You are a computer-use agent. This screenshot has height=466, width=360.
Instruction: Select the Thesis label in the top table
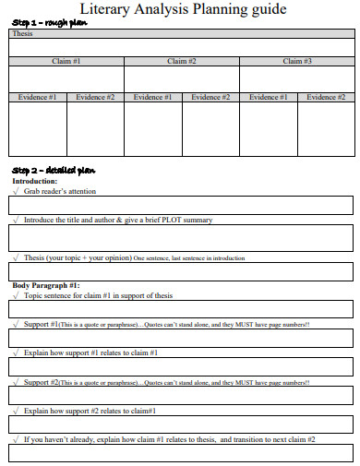pos(22,33)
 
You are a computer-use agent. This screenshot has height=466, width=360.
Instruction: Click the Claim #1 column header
pos(66,61)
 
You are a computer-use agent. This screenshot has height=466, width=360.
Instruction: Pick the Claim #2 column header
pos(182,61)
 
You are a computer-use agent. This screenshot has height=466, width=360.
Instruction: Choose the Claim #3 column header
pos(296,61)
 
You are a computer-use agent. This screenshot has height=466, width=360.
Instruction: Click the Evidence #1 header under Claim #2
pos(152,97)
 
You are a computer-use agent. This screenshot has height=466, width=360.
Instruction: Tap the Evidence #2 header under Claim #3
pos(326,97)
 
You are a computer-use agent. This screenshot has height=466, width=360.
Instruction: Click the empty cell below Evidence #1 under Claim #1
pos(37,128)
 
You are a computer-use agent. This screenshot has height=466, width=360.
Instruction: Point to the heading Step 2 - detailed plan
pos(53,171)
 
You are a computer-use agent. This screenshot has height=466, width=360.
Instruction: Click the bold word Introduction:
pos(34,182)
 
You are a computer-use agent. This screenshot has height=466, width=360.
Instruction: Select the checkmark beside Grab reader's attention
pos(16,191)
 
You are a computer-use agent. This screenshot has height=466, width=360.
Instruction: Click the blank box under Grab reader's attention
pos(181,205)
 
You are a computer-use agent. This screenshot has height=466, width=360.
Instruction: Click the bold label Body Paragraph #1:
pos(46,286)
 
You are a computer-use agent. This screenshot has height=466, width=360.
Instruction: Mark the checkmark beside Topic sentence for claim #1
pos(16,296)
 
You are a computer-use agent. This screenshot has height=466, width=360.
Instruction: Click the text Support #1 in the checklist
pos(42,325)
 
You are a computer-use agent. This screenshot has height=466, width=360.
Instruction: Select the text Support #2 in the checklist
pos(42,381)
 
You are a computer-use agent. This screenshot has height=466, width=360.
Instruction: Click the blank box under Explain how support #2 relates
pos(181,424)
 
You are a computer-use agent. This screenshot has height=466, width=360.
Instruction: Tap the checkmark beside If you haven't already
pos(16,439)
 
